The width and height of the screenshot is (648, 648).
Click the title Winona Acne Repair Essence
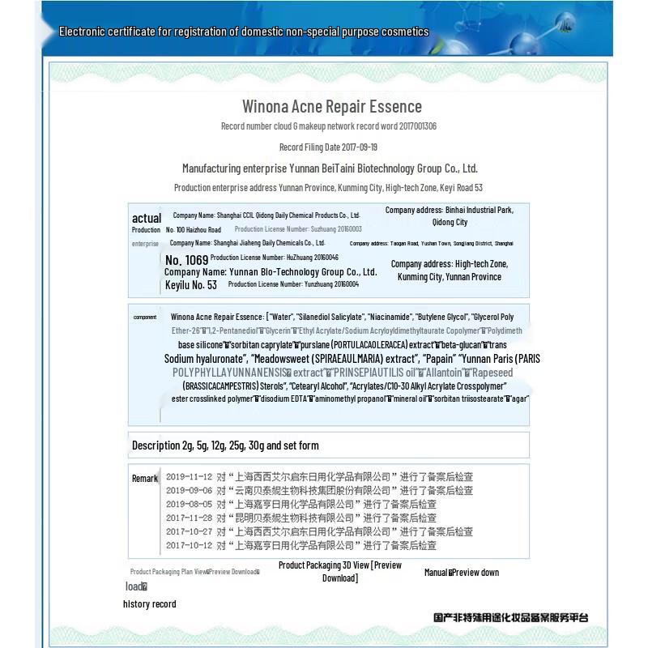click(332, 106)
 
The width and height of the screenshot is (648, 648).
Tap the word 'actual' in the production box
click(147, 218)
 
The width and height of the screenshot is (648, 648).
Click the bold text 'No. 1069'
click(186, 260)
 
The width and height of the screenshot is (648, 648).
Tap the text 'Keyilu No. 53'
click(191, 285)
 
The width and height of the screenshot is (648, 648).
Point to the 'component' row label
click(145, 318)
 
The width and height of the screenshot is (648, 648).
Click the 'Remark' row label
click(145, 479)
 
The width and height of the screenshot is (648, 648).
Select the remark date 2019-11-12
click(189, 477)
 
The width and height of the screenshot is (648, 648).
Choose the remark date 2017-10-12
click(189, 546)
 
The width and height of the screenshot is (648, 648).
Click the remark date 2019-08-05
click(189, 505)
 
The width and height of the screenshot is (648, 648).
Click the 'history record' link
click(149, 604)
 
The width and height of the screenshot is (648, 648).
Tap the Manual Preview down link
click(462, 573)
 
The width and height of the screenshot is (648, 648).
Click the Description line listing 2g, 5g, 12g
click(225, 446)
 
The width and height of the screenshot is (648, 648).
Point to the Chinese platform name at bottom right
click(510, 618)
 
